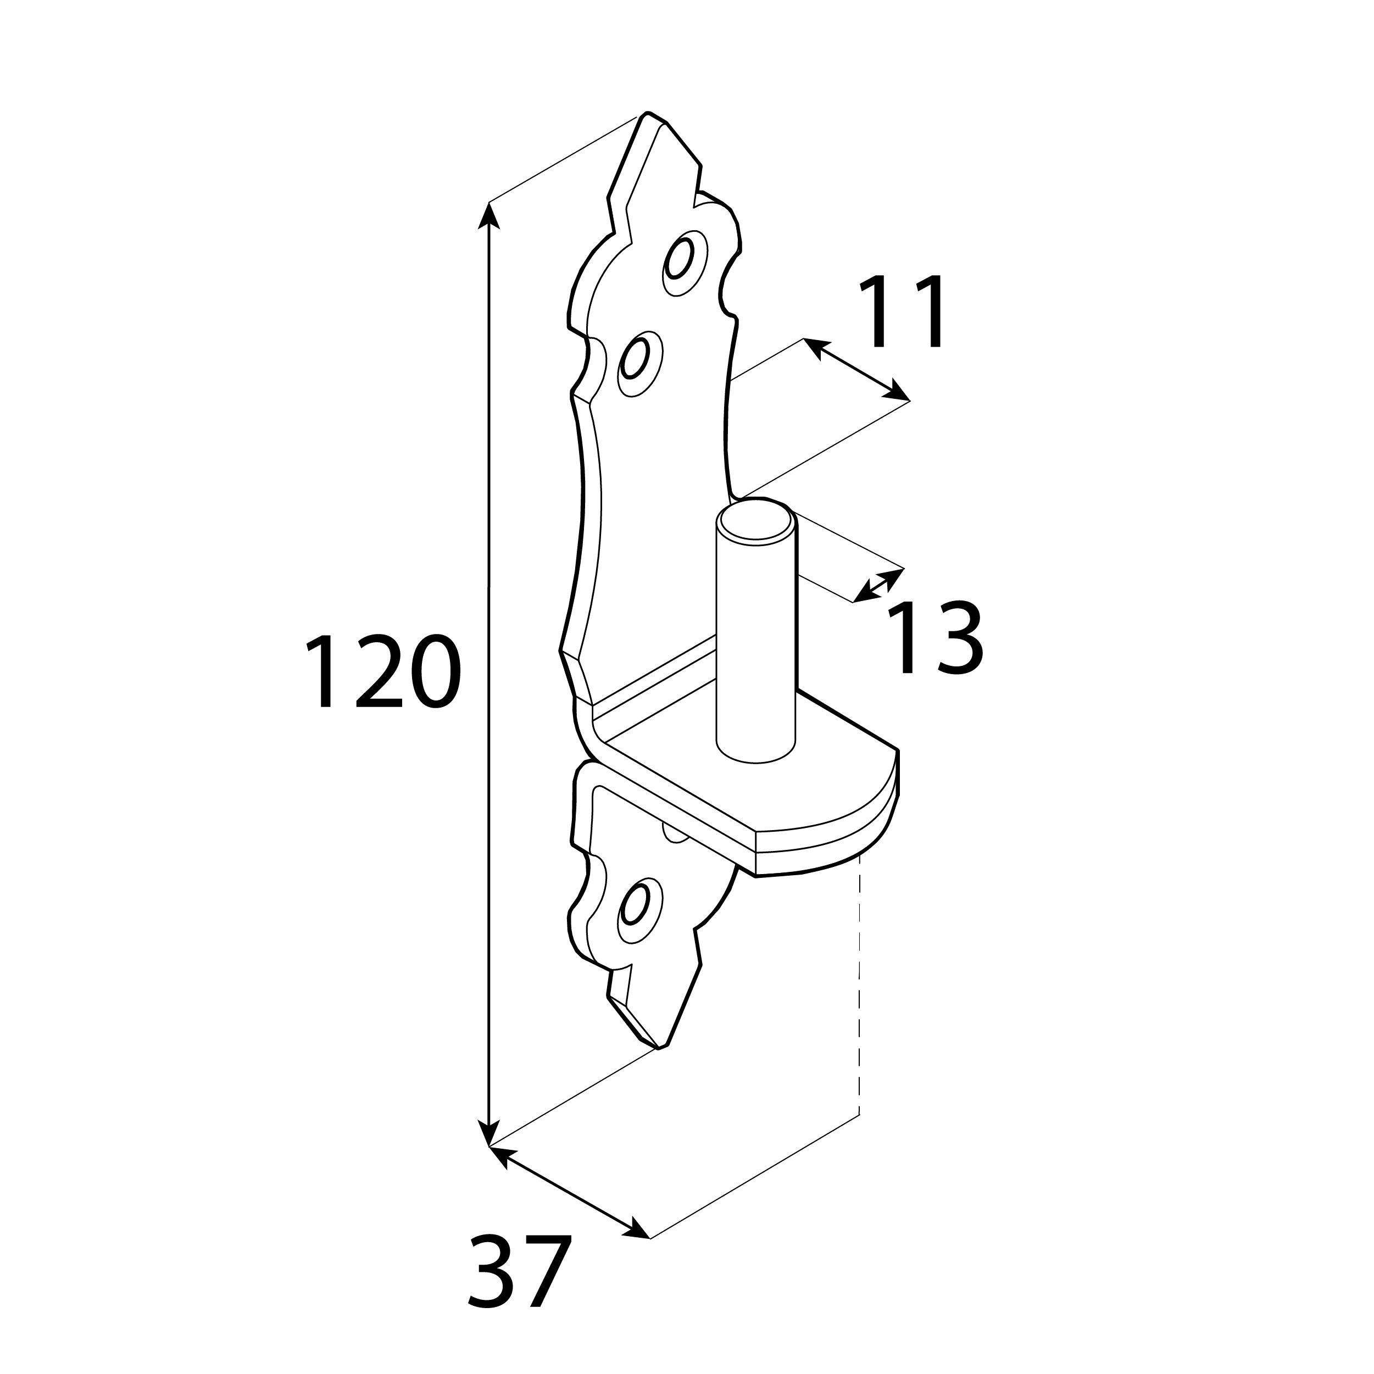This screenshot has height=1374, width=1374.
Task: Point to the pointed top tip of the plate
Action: pos(646,113)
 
